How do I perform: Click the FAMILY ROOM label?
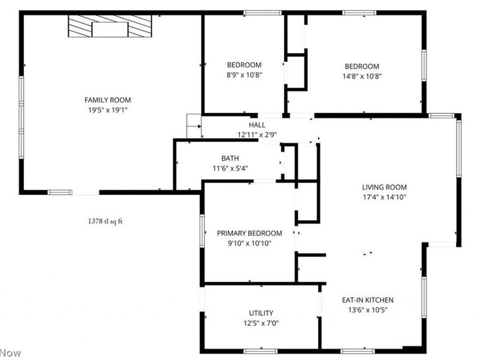pos(107,100)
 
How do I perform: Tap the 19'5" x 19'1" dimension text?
pos(107,110)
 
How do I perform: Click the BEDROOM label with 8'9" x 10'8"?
pos(244,65)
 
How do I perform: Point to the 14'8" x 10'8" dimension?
pos(362,76)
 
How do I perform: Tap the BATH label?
pos(230,158)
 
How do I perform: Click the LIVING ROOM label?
pos(385,187)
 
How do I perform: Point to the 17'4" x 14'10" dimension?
pos(385,197)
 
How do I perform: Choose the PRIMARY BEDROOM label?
pos(249,233)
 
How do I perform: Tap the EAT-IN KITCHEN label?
pos(368,300)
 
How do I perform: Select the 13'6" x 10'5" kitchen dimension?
pos(368,310)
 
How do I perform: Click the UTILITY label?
pos(261,313)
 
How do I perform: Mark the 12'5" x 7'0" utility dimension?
pos(261,323)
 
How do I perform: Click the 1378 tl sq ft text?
pos(105,221)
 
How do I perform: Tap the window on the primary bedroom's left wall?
pos(202,230)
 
